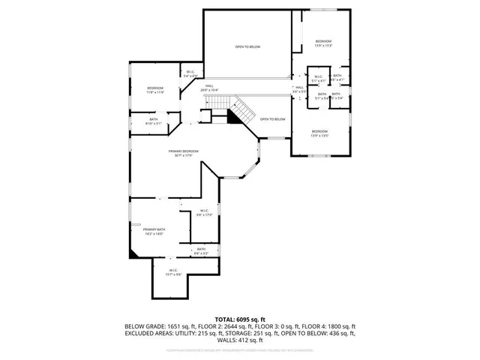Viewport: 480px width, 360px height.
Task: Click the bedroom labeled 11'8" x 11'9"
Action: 154,89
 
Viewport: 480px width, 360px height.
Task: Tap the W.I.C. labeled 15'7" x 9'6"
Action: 172,271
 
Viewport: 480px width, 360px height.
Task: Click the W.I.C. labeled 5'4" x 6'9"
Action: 190,73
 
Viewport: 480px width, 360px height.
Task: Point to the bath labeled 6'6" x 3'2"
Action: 201,250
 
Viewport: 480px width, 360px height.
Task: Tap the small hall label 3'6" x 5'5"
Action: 298,89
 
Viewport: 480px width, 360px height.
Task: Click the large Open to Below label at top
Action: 247,46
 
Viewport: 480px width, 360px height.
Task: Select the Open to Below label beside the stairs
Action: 273,119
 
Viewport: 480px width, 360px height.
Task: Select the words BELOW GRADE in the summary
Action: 141,326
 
